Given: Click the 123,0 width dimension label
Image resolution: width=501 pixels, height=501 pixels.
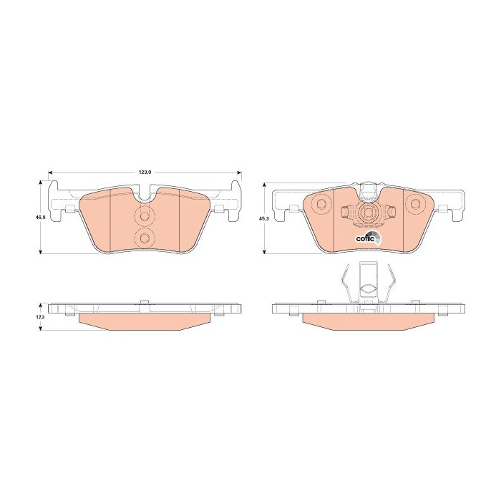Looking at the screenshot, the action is (145, 172).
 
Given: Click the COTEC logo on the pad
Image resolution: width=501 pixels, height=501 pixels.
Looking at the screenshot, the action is (369, 237).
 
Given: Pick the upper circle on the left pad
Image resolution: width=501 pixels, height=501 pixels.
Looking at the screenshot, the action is (145, 217).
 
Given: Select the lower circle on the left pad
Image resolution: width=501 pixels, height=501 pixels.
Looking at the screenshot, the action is (145, 238).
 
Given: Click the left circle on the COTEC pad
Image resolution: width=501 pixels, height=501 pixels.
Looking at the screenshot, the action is (320, 203).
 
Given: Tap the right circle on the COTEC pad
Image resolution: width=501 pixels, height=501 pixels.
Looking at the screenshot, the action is (416, 203).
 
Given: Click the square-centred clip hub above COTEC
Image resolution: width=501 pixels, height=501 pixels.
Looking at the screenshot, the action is (369, 212).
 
